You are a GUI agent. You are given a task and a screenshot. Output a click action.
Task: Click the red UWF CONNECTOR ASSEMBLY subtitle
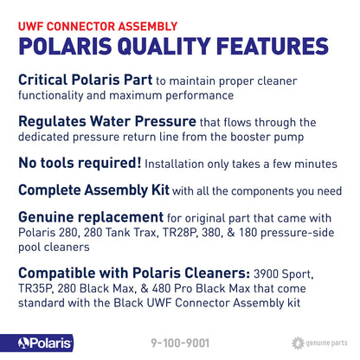pyautogui.click(x=91, y=23)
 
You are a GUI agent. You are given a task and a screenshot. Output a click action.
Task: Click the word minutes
pyautogui.click(x=314, y=163)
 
